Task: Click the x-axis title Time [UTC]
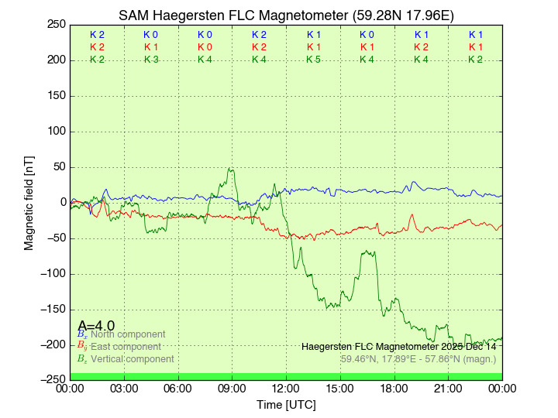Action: coord(286,405)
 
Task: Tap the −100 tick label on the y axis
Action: coord(51,274)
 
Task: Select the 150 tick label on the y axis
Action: coord(55,96)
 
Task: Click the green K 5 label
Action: coord(313,60)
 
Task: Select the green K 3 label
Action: coord(151,60)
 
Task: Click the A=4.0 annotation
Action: coord(96,326)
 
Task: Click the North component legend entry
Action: coord(124,334)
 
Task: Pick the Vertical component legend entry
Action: coord(132,359)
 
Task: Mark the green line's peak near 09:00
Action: coord(231,168)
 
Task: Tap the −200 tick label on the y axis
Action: coord(51,345)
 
